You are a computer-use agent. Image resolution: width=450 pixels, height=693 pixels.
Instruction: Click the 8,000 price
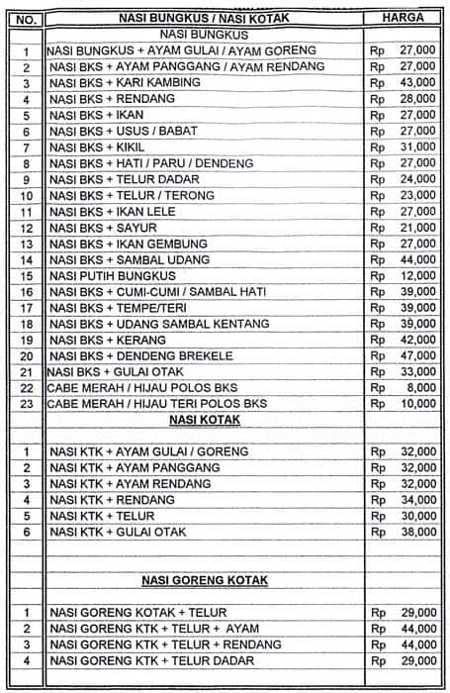coord(421,387)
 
